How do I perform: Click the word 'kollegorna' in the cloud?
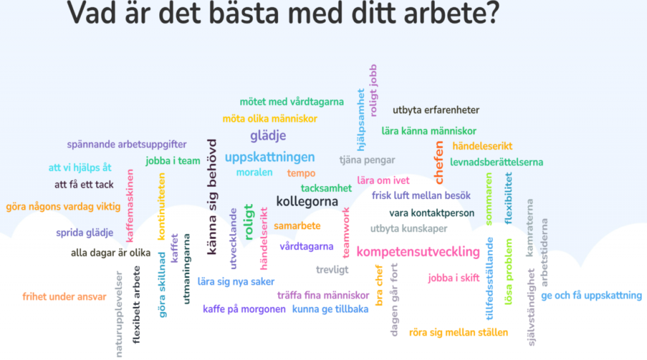point(307,201)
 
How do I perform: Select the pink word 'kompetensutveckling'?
point(418,252)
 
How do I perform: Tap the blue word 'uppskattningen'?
point(270,157)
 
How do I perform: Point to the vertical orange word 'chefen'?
point(438,162)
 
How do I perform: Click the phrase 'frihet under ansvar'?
point(64,296)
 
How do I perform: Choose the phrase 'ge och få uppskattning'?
point(591,296)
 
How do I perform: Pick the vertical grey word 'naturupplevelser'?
point(119,314)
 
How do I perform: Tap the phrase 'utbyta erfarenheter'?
point(436,110)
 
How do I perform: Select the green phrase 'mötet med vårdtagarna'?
point(292,102)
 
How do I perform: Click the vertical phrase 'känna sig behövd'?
point(211,196)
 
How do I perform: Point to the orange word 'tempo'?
point(301,173)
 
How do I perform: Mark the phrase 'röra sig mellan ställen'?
point(459,332)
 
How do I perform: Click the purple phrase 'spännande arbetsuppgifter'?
point(126,145)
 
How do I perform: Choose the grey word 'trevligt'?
point(332,270)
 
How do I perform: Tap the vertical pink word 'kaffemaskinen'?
point(130,205)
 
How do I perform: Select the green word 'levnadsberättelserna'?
point(497,162)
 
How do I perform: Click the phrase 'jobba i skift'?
point(454,278)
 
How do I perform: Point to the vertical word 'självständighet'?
point(531,307)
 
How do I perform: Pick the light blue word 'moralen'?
point(254,172)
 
